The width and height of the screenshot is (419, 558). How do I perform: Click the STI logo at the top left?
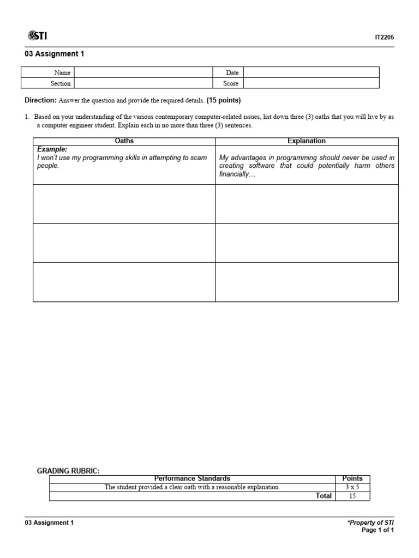[37, 36]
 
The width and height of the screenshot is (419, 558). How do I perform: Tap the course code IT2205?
[384, 38]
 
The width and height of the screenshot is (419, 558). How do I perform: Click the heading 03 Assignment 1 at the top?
[55, 54]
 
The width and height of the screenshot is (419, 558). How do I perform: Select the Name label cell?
[62, 72]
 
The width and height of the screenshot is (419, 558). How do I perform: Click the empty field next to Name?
[143, 72]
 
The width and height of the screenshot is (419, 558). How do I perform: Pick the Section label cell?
[61, 83]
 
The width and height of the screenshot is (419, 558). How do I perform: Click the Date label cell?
[232, 72]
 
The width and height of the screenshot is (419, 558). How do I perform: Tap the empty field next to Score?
[311, 83]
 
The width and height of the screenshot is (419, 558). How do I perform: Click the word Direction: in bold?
[41, 101]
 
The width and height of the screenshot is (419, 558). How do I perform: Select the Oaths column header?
[124, 141]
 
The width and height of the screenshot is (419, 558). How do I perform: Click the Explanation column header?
[307, 141]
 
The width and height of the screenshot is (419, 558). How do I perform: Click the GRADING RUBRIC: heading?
[68, 471]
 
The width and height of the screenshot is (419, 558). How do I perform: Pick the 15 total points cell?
[352, 496]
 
